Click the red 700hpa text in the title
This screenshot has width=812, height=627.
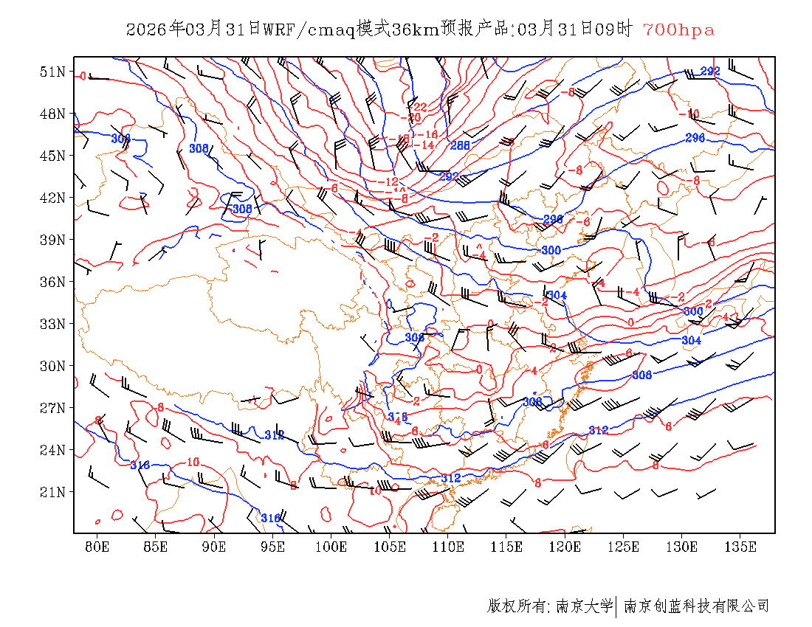678,30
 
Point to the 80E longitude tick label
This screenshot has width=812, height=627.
97,547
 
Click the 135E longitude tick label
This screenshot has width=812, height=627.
740,547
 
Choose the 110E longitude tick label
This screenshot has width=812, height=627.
448,547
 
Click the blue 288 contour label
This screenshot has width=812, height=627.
461,145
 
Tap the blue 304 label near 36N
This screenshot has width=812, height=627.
557,296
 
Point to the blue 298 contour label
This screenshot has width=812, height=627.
553,220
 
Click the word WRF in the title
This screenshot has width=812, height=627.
278,30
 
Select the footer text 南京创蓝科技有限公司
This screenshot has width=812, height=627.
696,606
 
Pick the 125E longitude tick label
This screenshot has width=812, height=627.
624,547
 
